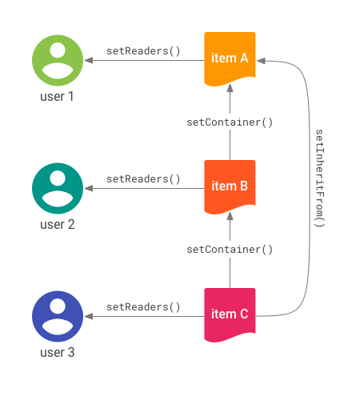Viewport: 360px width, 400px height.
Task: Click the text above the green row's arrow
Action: point(142,50)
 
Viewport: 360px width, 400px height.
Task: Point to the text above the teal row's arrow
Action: point(142,178)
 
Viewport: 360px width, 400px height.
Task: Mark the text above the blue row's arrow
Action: point(142,306)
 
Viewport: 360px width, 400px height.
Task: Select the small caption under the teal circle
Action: point(57,225)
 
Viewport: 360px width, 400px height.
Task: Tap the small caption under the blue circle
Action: point(57,352)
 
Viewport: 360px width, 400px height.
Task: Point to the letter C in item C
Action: point(244,314)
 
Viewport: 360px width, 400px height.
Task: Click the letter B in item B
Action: point(243,186)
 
